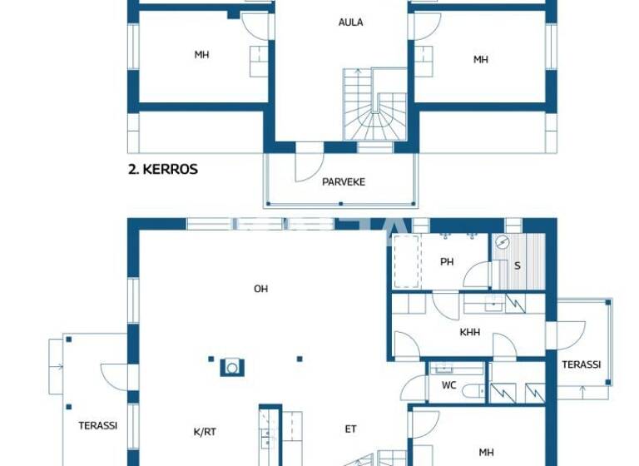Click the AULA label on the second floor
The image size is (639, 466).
[x=350, y=22]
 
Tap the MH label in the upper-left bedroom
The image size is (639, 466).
[x=201, y=55]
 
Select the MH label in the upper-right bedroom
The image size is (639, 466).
[x=481, y=59]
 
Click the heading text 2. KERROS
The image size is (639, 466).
[x=162, y=169]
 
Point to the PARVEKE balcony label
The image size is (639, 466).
[x=344, y=181]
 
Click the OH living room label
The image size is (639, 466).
[x=260, y=289]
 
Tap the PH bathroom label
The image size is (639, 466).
[x=447, y=262]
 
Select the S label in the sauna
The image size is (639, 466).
[x=517, y=266]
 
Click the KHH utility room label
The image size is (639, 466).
[x=469, y=332]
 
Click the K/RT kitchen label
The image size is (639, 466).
[x=205, y=431]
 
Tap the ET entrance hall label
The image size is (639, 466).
[x=351, y=429]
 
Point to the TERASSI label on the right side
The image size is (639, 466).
[x=581, y=364]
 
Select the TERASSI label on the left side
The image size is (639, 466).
[x=97, y=424]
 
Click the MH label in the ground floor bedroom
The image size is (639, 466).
[x=486, y=453]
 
